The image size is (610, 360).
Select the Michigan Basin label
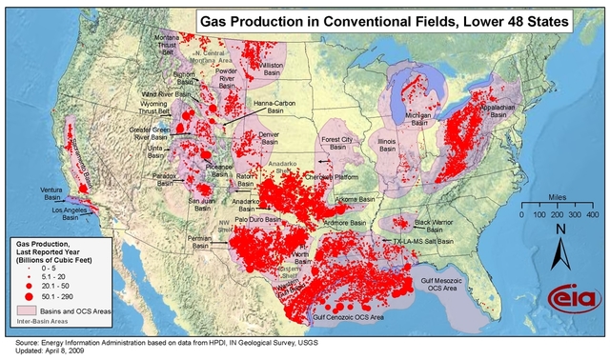tap(418, 118)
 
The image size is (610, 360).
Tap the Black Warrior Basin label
tap(435, 226)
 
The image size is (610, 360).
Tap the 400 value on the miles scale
tap(591, 215)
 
